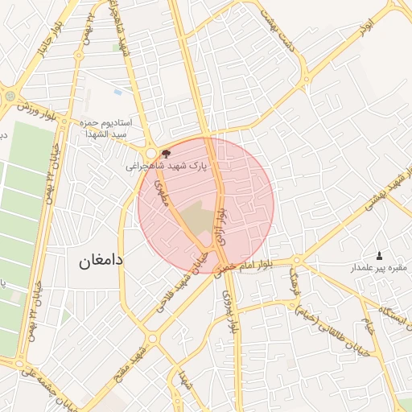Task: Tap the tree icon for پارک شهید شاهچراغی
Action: pos(166,152)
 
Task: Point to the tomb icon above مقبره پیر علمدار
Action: pos(380,254)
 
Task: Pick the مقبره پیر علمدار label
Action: pos(379,267)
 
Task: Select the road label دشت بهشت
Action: pos(283,36)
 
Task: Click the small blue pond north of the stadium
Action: pos(117,93)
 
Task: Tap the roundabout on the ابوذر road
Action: pos(307,79)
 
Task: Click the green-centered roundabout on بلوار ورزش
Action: pos(10,96)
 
